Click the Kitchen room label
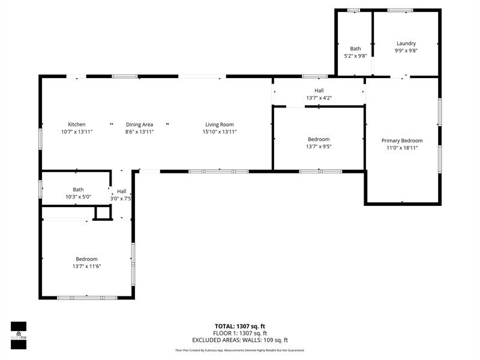pos(77,124)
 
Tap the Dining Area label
pos(139,124)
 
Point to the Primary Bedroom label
pos(402,140)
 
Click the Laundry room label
pos(406,43)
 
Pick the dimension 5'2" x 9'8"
pos(356,56)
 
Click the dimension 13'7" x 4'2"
pos(319,98)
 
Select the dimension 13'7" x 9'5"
pos(319,146)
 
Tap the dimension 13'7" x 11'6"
pos(86,266)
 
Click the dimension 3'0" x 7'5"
pos(121,199)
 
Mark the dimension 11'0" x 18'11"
pos(402,148)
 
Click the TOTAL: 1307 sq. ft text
pos(240,326)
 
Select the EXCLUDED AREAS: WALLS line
pos(240,340)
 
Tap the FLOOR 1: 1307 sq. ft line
pos(240,333)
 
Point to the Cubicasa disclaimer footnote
pos(240,350)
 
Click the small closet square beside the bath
pos(103,212)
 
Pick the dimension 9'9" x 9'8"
pos(406,51)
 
